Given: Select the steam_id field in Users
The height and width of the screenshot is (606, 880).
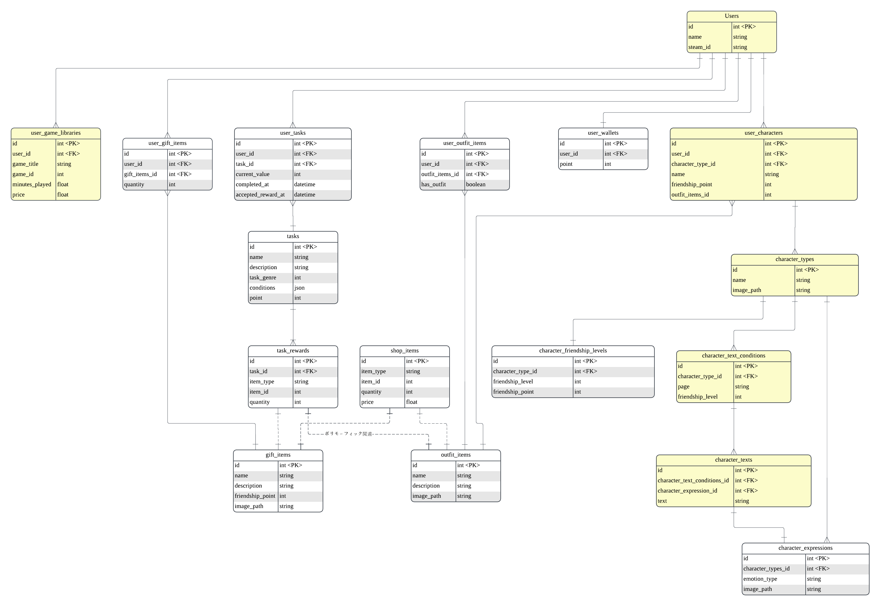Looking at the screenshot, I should click(699, 47).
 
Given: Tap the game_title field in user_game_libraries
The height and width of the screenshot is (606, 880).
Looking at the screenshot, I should click(25, 164).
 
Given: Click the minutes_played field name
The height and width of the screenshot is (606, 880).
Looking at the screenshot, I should click(32, 185).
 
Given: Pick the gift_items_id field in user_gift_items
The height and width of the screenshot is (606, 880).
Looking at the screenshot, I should click(140, 174).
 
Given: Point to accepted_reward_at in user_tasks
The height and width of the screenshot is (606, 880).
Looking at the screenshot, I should click(260, 195).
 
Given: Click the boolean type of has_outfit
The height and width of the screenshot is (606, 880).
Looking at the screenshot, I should click(476, 185).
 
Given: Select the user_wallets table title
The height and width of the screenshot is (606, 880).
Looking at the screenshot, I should click(603, 133).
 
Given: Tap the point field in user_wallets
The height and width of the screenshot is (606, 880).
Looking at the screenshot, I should click(566, 164).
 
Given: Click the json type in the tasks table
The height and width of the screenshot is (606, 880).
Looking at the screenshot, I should click(299, 288).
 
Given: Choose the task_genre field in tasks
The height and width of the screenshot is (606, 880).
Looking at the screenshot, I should click(263, 277).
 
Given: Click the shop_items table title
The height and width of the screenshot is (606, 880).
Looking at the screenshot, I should click(404, 351).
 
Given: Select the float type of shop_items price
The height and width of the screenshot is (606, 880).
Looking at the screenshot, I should click(411, 402).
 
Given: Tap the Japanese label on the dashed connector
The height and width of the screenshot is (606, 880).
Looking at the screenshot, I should click(348, 434).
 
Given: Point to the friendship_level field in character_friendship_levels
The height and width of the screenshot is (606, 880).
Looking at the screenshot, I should click(513, 382).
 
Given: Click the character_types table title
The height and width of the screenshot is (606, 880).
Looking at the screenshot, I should click(794, 259).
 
